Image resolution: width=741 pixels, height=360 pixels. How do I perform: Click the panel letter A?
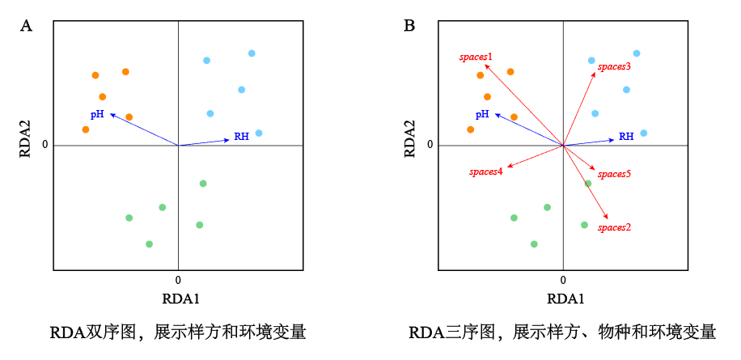(x=26, y=26)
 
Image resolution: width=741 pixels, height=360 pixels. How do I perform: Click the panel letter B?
(x=409, y=26)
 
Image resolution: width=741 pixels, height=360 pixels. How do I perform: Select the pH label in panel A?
(x=97, y=115)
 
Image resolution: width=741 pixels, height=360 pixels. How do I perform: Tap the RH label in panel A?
(x=241, y=137)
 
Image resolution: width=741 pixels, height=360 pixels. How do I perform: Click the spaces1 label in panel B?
(x=476, y=57)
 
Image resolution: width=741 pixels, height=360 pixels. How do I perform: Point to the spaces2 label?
(x=614, y=227)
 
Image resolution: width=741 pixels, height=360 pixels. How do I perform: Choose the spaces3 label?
(x=614, y=66)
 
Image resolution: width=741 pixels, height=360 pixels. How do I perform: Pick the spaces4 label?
(x=486, y=172)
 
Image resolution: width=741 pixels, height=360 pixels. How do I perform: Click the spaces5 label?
(x=614, y=174)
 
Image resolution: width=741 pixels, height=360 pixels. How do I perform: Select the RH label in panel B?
(x=626, y=137)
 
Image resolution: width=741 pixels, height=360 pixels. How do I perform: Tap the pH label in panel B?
(x=482, y=115)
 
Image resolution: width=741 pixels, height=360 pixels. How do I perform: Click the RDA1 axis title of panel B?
(x=563, y=299)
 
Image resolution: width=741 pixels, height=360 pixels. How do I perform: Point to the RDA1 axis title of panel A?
(x=180, y=299)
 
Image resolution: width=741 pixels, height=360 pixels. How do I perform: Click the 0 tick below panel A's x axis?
(x=178, y=279)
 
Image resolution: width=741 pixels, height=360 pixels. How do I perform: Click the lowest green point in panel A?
(x=149, y=244)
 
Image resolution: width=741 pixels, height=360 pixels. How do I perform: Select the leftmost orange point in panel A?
(x=86, y=129)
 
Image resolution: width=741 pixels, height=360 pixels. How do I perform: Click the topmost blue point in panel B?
(x=637, y=53)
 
